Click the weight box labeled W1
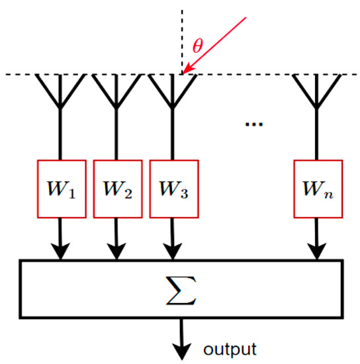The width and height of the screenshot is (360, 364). point(61,189)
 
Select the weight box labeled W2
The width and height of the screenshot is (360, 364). point(117,189)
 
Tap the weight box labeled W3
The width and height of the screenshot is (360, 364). point(173,189)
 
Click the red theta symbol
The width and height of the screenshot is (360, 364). point(197,47)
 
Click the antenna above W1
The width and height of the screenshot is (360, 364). point(61,89)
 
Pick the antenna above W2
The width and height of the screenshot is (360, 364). point(117,89)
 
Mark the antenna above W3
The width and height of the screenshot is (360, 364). point(173,89)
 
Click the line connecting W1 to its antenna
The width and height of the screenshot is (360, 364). point(61,136)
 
